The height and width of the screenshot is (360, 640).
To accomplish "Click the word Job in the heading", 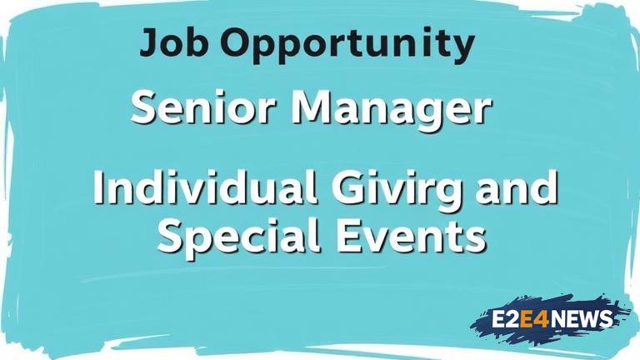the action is click(174, 42).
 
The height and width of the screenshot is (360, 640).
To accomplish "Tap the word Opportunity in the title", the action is click(347, 45).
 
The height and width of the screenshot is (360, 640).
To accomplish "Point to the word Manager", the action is click(390, 110).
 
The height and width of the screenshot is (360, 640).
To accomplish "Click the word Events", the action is click(411, 236).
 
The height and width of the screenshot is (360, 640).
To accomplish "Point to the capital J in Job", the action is click(149, 42).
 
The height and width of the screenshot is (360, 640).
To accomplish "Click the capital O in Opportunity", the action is click(236, 42).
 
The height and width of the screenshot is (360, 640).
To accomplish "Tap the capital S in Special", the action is click(170, 236).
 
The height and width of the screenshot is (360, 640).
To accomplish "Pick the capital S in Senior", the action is click(144, 107).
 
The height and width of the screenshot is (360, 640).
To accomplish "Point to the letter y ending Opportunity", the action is click(462, 48).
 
